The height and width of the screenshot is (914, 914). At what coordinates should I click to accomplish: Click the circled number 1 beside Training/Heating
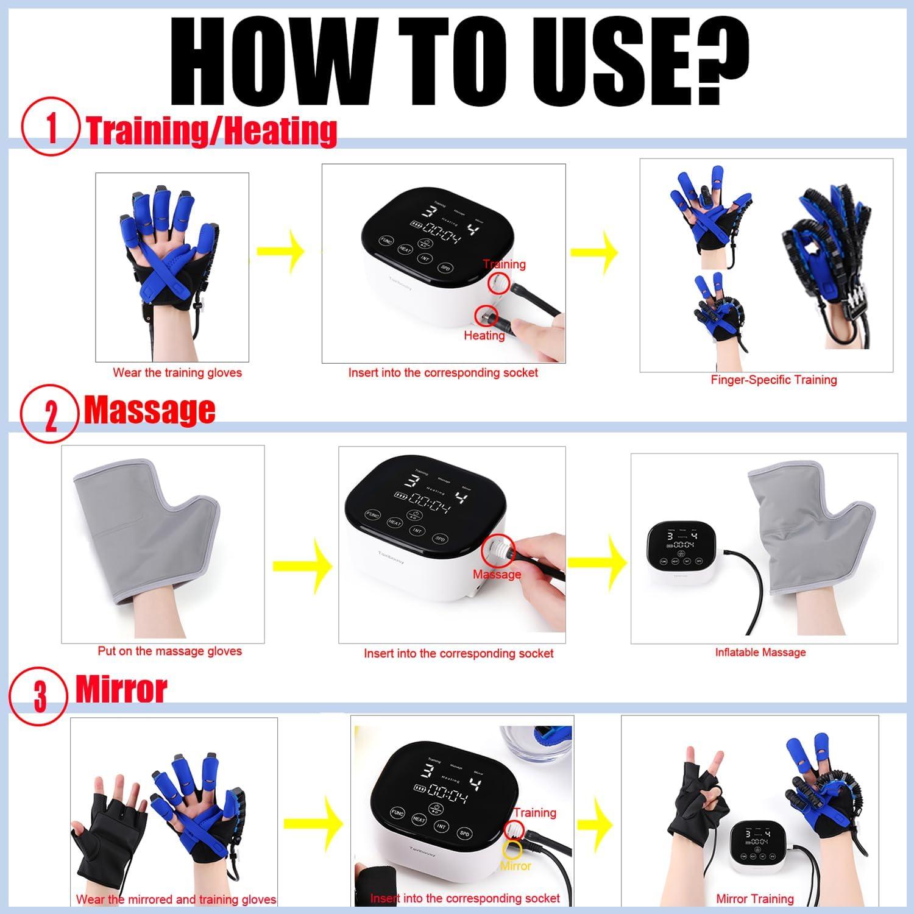(51, 127)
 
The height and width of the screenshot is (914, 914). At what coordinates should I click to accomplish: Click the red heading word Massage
(149, 410)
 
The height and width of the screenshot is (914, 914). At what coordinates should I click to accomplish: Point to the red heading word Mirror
(121, 690)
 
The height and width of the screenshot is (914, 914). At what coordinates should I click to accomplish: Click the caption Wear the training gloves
(177, 373)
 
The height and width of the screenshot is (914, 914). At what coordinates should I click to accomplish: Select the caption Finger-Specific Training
(773, 380)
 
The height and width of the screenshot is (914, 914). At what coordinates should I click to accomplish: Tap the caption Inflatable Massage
(760, 652)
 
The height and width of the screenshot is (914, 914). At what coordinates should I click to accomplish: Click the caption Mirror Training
(754, 899)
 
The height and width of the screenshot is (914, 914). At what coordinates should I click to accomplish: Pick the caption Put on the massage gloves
(169, 651)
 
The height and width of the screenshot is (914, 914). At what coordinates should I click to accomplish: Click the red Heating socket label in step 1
(484, 335)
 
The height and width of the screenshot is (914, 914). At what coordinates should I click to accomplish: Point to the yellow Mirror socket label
(515, 866)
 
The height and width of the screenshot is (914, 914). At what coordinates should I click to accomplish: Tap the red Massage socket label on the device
(497, 574)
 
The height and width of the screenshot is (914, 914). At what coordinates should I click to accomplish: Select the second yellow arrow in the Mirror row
(595, 824)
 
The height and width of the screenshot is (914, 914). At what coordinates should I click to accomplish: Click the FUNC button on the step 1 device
(385, 241)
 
